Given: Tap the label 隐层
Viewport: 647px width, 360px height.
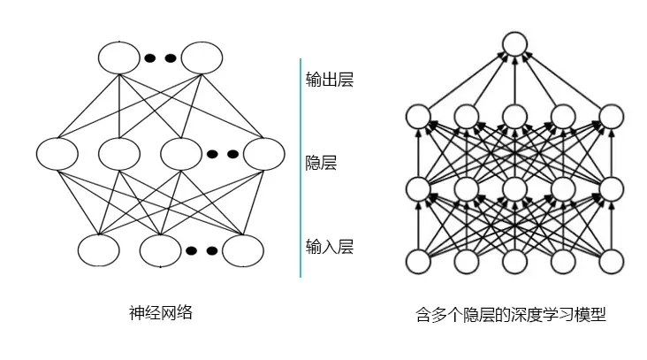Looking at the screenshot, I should (x=321, y=163).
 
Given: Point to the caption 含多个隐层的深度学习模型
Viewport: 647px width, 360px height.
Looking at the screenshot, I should (x=510, y=314).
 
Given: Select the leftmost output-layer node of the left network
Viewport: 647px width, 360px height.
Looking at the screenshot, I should (x=118, y=57).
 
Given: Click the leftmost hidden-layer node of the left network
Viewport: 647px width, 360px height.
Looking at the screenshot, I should (x=57, y=153).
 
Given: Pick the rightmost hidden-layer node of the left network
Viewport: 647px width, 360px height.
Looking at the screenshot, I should (x=264, y=153).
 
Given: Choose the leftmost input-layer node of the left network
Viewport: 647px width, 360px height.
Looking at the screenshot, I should (x=98, y=249).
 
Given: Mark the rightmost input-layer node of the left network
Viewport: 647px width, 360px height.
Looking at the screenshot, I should (x=243, y=249).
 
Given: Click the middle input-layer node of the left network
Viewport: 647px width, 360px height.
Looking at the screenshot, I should (x=160, y=249).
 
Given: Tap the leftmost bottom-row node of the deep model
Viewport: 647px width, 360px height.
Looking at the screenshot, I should (x=418, y=262).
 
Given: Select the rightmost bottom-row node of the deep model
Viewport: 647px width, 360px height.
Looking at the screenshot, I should (x=612, y=262).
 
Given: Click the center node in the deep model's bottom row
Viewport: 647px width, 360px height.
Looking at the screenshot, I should (x=514, y=262).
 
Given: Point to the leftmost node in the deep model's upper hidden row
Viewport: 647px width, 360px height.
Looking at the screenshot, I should (x=418, y=116).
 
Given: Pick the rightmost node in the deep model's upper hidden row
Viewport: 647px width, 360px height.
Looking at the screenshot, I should (x=612, y=116).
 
